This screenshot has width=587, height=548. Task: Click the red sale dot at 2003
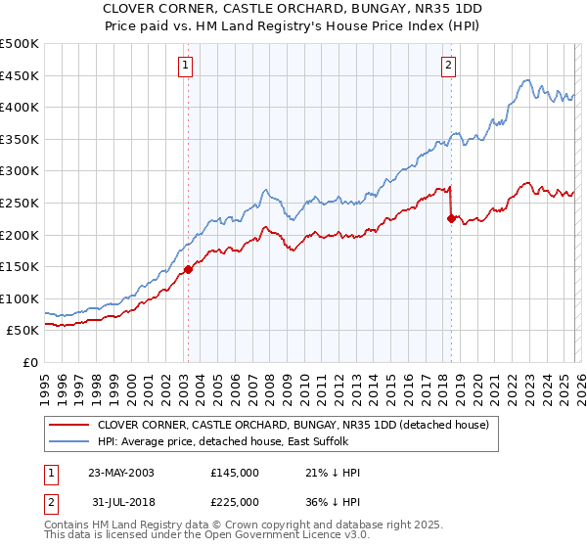(188, 270)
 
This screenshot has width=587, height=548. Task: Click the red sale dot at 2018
(451, 219)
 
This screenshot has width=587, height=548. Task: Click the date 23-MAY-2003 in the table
(127, 473)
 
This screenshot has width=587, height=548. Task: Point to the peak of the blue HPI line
(526, 80)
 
